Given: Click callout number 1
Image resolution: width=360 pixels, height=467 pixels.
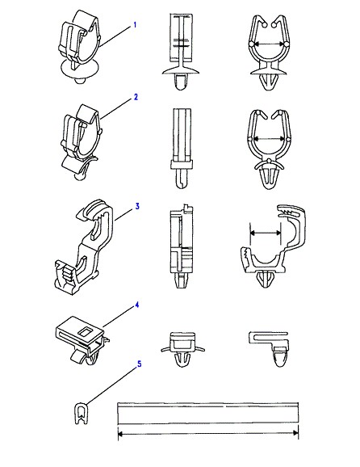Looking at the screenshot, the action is pos(135,25).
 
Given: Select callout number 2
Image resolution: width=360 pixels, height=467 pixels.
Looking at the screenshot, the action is pos(136,97).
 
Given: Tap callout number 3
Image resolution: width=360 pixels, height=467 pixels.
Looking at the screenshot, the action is pos(137,206).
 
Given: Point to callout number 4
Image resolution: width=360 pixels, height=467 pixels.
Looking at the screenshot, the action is pos(137,305).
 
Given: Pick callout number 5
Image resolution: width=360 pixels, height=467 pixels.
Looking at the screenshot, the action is pos(139,364).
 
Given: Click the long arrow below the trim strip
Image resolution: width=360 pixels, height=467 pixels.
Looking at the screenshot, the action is pos(208,434).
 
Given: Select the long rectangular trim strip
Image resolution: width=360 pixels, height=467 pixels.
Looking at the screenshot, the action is pos(208,414).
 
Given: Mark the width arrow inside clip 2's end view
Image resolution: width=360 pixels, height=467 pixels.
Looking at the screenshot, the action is pos(270,138).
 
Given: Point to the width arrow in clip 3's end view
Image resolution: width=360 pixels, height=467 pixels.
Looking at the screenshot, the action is pos(266,233).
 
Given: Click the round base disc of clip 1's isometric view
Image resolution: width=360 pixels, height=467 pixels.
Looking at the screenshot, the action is pos(80,69).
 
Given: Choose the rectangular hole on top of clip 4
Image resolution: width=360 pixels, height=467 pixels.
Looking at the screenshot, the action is pos(85,331).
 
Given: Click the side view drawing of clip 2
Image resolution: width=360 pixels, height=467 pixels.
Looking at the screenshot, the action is pos(182,148).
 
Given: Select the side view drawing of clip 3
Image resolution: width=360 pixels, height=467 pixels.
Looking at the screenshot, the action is pos(181,246).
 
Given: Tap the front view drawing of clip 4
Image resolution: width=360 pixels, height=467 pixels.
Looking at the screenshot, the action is pos(182,349).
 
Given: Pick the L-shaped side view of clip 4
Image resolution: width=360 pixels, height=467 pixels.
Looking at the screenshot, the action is pos(269,348).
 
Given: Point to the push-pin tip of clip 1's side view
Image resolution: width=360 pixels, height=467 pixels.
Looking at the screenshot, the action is pos(182,82).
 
